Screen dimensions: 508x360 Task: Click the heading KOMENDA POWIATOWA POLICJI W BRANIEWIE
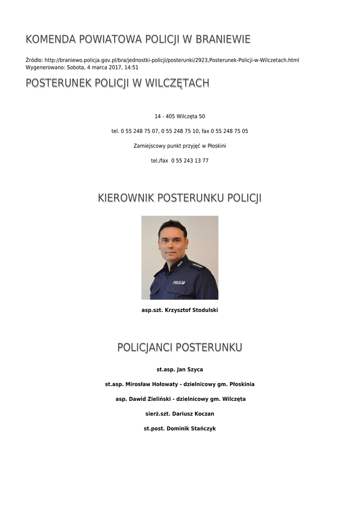click(x=138, y=39)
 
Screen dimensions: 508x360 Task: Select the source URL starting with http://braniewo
click(x=172, y=61)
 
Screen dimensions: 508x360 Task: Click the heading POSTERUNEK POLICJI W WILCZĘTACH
click(x=117, y=83)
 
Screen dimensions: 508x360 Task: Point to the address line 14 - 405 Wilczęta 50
click(x=180, y=117)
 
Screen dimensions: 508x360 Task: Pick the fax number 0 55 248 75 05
click(x=229, y=131)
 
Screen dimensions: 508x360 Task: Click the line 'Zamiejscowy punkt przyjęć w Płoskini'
click(x=180, y=146)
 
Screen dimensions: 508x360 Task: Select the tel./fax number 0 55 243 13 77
click(x=190, y=161)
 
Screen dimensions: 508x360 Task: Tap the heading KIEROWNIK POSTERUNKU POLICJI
click(x=180, y=198)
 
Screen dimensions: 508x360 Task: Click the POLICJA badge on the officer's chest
click(x=179, y=282)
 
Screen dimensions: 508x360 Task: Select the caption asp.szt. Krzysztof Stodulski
click(x=180, y=311)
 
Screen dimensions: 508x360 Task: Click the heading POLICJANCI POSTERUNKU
click(x=180, y=347)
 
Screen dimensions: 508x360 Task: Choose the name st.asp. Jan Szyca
click(x=180, y=370)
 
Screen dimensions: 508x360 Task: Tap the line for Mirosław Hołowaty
click(x=180, y=384)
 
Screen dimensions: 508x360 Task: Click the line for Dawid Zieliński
click(x=180, y=399)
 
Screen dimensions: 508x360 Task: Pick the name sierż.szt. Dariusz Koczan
click(x=180, y=414)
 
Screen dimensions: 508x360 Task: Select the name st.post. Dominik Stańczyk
click(x=180, y=429)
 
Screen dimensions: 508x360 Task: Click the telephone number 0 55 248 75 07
click(x=140, y=131)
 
